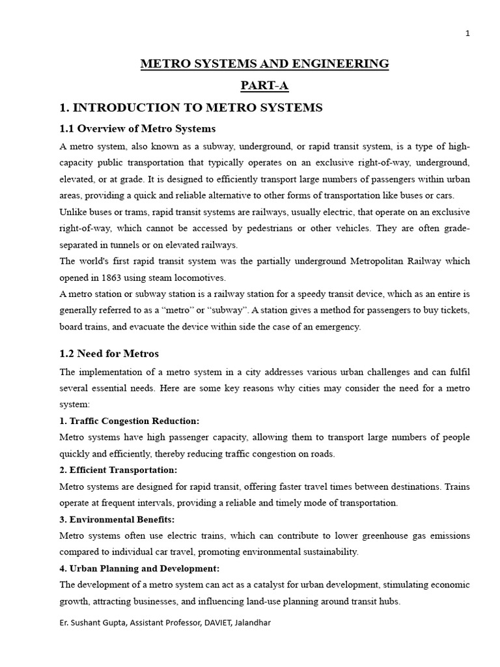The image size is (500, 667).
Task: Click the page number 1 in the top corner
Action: [x=467, y=35]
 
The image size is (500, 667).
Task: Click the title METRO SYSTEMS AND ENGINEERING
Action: [x=265, y=64]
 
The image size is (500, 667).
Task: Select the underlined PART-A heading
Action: [x=265, y=85]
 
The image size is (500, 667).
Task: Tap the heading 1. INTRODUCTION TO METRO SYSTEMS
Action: [x=191, y=107]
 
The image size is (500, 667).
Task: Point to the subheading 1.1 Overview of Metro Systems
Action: [x=137, y=128]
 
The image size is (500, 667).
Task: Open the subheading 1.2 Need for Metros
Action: [x=109, y=354]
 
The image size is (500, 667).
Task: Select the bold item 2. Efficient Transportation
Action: [x=118, y=470]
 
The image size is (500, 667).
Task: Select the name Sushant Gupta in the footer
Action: [x=93, y=623]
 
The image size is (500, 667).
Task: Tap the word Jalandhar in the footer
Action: [x=249, y=623]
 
